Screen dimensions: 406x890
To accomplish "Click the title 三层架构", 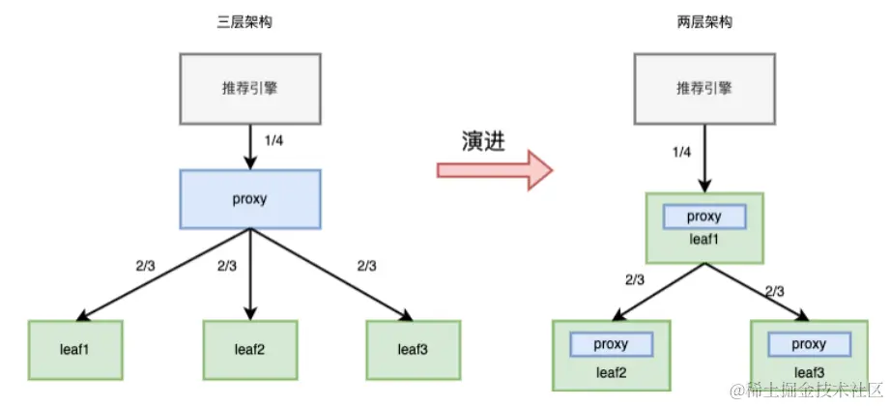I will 249,21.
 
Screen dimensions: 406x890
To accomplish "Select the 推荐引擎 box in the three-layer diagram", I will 250,91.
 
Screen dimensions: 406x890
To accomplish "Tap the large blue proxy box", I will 250,199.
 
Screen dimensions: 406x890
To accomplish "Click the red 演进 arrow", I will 494,171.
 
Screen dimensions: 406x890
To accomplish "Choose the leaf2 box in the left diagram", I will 250,349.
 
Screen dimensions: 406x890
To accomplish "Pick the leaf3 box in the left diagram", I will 414,349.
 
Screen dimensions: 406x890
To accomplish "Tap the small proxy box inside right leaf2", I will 611,344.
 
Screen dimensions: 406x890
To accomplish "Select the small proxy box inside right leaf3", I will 808,344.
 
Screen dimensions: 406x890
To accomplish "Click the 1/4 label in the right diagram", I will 682,152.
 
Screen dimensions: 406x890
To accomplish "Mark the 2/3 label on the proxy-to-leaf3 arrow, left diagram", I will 367,265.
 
